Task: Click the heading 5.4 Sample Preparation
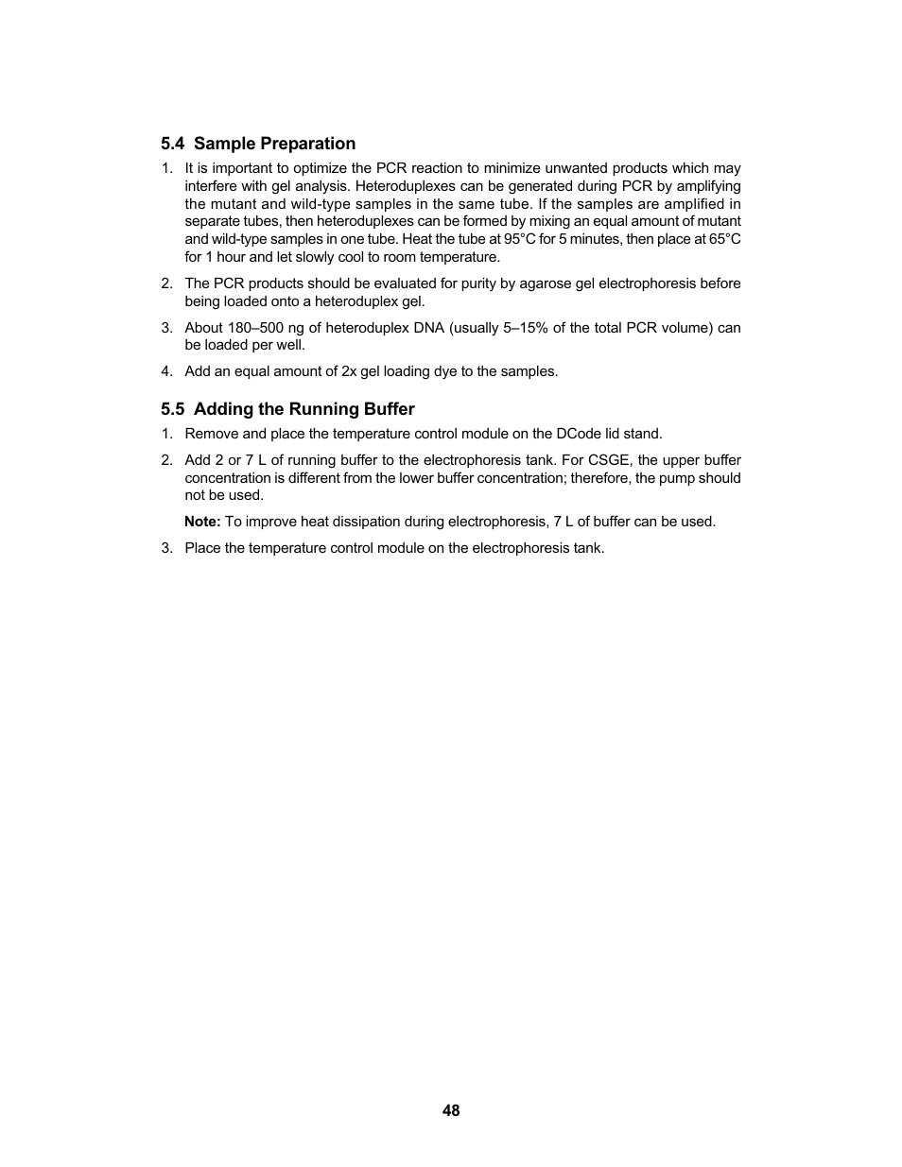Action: pyautogui.click(x=258, y=144)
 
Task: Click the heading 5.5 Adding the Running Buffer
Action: pyautogui.click(x=287, y=409)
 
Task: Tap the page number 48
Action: pyautogui.click(x=451, y=1111)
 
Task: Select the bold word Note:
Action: pyautogui.click(x=202, y=522)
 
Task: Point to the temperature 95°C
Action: pyautogui.click(x=519, y=239)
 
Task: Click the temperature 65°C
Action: pyautogui.click(x=725, y=239)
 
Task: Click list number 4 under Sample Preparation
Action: pyautogui.click(x=166, y=371)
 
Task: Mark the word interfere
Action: pyautogui.click(x=212, y=186)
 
